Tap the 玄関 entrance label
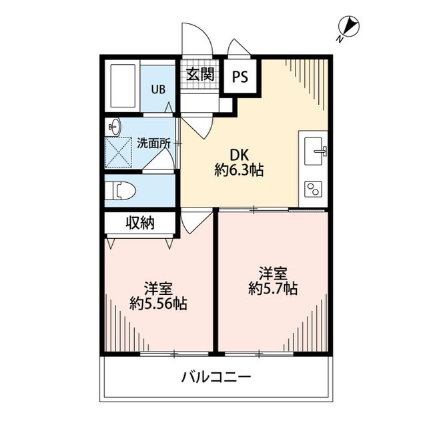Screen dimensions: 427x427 199,74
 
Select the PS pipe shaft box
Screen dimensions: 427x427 240,76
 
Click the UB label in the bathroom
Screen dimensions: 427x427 157,89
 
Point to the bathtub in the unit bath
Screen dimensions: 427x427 121,87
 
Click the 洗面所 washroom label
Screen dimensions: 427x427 153,143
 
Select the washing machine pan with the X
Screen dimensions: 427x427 119,153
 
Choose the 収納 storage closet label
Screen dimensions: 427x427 139,223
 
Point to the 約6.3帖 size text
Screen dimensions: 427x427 239,171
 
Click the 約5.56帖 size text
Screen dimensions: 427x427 158,304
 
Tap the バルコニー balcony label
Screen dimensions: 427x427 216,378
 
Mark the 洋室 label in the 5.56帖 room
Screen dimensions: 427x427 158,288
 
